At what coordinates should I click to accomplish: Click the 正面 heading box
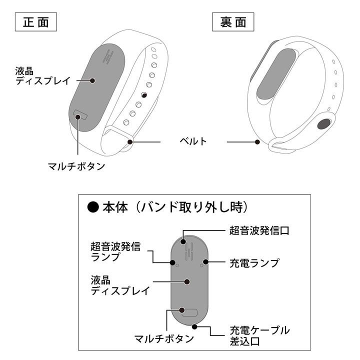click(36, 22)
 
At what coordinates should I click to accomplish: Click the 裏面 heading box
click(233, 22)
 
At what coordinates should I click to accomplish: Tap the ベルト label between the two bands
click(193, 141)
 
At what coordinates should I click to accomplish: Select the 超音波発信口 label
click(259, 230)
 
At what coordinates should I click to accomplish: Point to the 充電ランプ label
click(254, 263)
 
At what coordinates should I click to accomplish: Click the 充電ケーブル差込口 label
click(259, 335)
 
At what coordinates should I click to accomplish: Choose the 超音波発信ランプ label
click(115, 251)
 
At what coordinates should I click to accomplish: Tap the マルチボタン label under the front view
click(76, 166)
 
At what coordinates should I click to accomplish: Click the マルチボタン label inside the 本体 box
click(164, 338)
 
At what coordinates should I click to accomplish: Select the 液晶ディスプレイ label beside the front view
click(42, 76)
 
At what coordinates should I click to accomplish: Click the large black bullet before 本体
click(93, 207)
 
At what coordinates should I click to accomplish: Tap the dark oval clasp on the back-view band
click(324, 124)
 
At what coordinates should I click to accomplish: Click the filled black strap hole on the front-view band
click(144, 95)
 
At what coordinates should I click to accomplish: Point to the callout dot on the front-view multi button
click(78, 117)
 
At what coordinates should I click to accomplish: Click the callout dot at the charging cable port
click(194, 326)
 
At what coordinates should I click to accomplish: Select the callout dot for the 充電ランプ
click(205, 261)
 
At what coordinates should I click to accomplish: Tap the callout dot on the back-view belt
click(257, 142)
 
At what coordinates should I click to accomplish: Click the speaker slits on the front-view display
click(108, 56)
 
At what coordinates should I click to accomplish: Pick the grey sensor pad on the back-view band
click(276, 74)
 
